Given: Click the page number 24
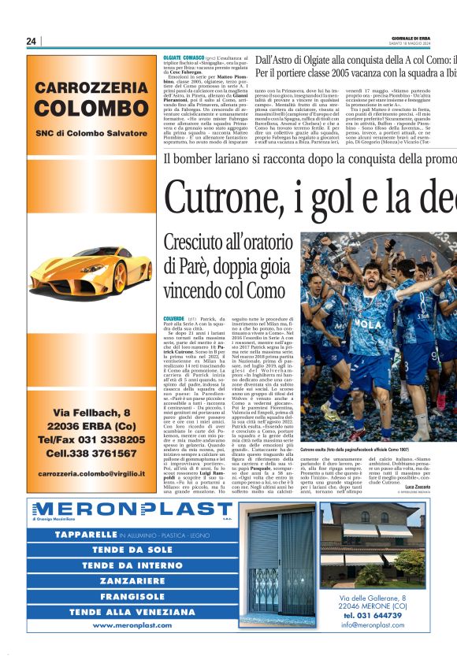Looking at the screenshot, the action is click(x=32, y=41).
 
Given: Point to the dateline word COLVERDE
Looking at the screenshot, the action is click(x=174, y=317).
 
